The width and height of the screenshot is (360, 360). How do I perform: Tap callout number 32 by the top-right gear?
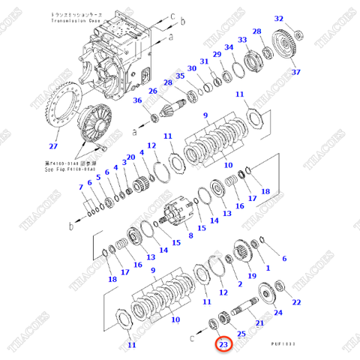[279, 19]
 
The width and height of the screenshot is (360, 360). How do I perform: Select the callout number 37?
[295, 72]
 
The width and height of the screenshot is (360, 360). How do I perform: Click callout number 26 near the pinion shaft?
[153, 92]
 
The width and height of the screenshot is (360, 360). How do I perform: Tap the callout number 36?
[137, 101]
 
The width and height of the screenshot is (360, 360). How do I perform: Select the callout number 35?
[180, 76]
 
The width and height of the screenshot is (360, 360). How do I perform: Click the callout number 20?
[130, 157]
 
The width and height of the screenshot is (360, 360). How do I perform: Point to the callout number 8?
[190, 235]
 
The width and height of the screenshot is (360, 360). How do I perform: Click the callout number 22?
[296, 301]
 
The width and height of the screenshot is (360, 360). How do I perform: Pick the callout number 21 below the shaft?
[259, 322]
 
